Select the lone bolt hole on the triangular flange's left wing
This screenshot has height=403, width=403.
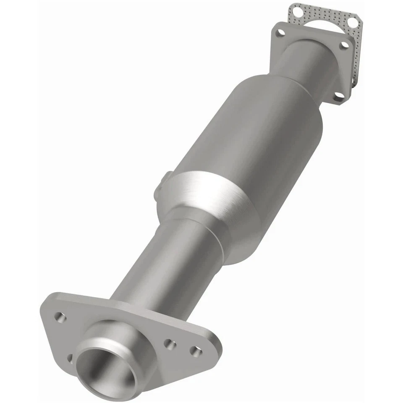60,317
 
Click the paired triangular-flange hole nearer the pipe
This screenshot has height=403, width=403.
170,344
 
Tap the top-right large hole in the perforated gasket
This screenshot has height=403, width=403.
355,21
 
